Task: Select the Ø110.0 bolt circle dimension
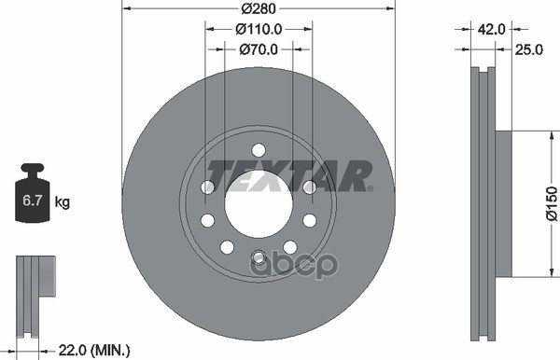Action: click(x=259, y=30)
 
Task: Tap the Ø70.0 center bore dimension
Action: click(x=259, y=49)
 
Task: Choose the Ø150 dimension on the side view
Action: click(x=551, y=202)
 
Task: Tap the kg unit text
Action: click(x=63, y=201)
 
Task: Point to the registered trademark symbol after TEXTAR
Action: click(x=370, y=187)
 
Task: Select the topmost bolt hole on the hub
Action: click(x=259, y=149)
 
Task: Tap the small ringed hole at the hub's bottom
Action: click(x=259, y=258)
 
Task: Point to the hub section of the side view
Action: click(x=503, y=202)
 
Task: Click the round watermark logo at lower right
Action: click(x=315, y=265)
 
